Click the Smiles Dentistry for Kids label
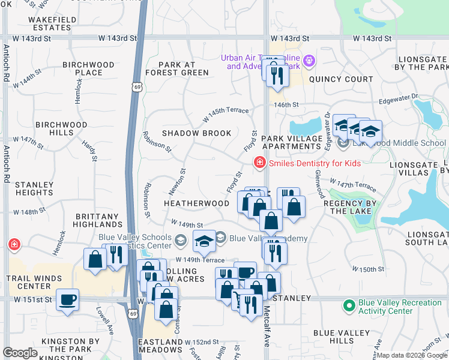[315, 163]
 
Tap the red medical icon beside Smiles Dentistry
[259, 162]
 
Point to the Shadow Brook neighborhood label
[196, 133]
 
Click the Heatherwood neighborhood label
[196, 203]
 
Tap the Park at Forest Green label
[184, 68]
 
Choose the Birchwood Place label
[88, 68]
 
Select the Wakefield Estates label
[52, 23]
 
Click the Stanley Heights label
[34, 188]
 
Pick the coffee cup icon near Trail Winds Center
[67, 299]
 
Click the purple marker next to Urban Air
[310, 61]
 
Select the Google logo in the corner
[20, 353]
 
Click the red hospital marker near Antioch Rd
[13, 245]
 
